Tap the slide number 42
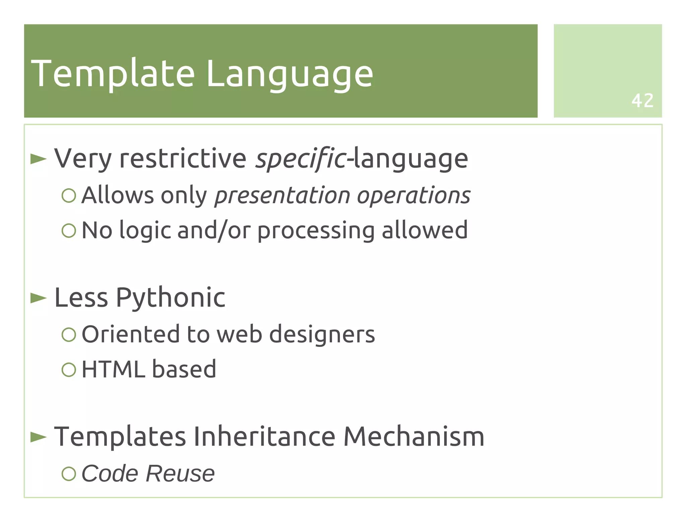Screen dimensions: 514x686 pos(642,100)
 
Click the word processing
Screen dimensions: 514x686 pos(316,230)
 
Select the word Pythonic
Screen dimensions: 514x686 pos(170,297)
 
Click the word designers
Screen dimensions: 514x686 pos(322,334)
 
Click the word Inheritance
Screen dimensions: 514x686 pos(265,437)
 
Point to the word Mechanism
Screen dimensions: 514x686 pos(414,437)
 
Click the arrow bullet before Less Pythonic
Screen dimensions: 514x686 pos(39,298)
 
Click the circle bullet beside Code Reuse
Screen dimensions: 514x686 pos(69,473)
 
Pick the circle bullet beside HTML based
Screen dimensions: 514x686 pos(69,369)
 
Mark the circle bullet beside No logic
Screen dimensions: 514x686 pos(69,230)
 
